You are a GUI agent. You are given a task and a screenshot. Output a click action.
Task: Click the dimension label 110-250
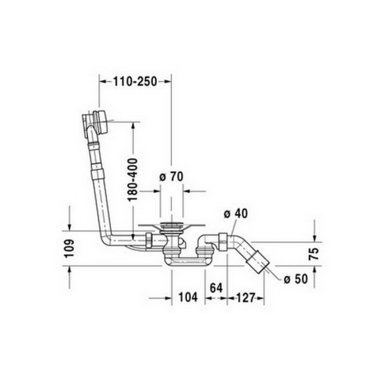pyautogui.click(x=135, y=82)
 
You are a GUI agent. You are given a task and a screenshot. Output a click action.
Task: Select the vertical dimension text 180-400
pyautogui.click(x=133, y=180)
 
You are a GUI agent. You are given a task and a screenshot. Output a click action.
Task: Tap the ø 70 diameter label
pyautogui.click(x=171, y=177)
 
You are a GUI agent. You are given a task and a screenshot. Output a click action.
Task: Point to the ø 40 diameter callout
pyautogui.click(x=235, y=213)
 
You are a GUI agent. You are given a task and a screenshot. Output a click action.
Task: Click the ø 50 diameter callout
pyautogui.click(x=296, y=279)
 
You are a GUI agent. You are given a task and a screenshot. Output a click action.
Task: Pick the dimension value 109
pyautogui.click(x=69, y=248)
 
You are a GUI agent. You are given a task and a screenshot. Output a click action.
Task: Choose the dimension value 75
pyautogui.click(x=314, y=254)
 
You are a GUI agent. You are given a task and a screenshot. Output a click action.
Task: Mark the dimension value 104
pyautogui.click(x=188, y=297)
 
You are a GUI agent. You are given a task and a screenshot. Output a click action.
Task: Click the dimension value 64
pyautogui.click(x=216, y=288)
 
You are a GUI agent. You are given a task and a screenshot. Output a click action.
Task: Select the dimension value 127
pyautogui.click(x=245, y=297)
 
